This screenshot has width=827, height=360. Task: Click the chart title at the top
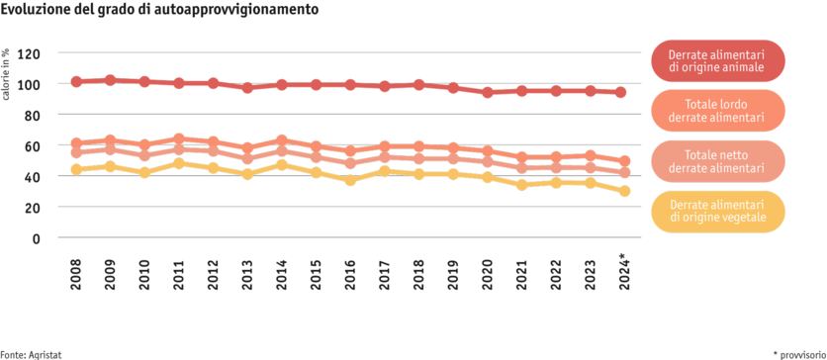[x=159, y=10]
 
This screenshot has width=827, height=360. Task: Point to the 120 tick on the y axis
[x=34, y=53]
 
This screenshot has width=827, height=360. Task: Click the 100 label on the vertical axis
[x=34, y=84]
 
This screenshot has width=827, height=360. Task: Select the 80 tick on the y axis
[x=34, y=115]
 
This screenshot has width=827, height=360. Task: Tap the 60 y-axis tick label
[x=34, y=145]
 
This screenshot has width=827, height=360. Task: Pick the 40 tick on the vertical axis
[x=34, y=176]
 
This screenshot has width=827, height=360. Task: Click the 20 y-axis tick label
[x=34, y=208]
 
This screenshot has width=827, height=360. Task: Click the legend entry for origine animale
[x=716, y=60]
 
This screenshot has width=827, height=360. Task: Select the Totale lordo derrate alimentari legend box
[x=716, y=110]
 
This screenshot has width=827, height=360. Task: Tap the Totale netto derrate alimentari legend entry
[x=716, y=160]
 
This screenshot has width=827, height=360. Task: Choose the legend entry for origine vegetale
[x=716, y=210]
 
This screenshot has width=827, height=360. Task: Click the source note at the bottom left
[x=26, y=353]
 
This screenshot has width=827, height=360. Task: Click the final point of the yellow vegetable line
[x=623, y=191]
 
